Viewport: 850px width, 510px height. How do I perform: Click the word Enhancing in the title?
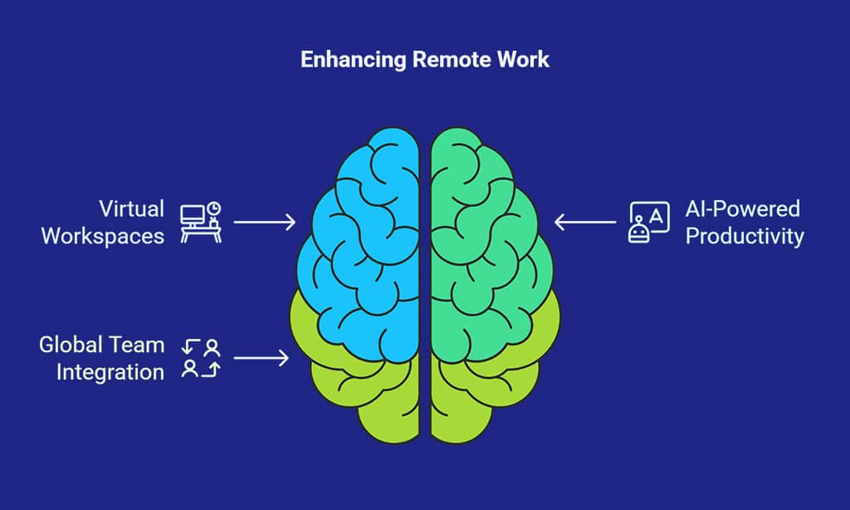pos(353,60)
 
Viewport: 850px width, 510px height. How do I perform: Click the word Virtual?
pos(131,208)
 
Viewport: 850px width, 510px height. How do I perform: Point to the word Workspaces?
pos(102,237)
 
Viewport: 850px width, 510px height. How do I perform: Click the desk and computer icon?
pos(201,223)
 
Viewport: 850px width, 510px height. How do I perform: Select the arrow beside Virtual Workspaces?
pos(265,222)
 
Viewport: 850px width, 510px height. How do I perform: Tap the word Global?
pos(70,345)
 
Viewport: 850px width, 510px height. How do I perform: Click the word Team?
pos(135,345)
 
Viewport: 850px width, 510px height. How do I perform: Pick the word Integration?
pos(110,373)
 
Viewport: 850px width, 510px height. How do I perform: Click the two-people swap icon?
pos(201,358)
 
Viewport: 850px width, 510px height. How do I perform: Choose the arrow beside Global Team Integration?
pos(261,358)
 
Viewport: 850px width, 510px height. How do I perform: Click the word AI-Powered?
pos(743,208)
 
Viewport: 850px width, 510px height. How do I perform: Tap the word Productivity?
pos(745,237)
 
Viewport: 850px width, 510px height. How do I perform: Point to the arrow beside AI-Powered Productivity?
pos(585,222)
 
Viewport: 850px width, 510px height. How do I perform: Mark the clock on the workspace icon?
pos(214,208)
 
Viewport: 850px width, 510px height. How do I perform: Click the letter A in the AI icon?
pos(657,217)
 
